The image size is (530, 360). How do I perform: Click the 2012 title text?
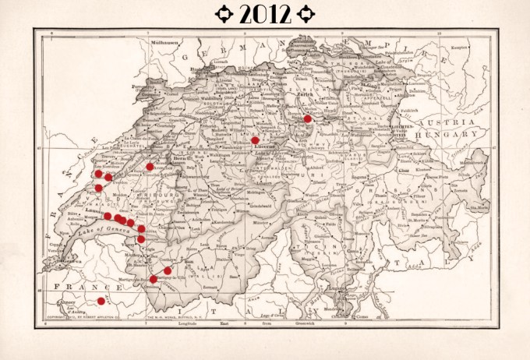(265, 13)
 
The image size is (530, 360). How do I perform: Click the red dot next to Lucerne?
(256, 140)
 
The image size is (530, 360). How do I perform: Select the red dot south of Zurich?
(308, 118)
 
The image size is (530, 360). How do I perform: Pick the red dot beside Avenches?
(150, 167)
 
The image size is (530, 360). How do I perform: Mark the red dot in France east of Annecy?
(101, 301)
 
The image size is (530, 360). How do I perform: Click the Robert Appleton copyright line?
(76, 319)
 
